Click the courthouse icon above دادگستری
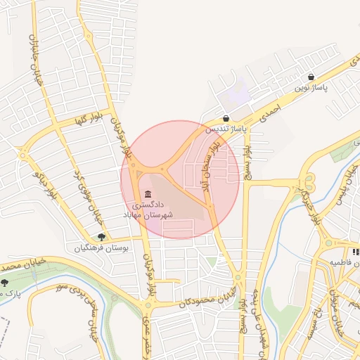point(148,194)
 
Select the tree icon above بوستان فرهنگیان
point(102,238)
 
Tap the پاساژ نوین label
point(311,88)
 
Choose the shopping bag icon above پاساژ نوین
point(311,77)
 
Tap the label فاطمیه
point(337,262)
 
